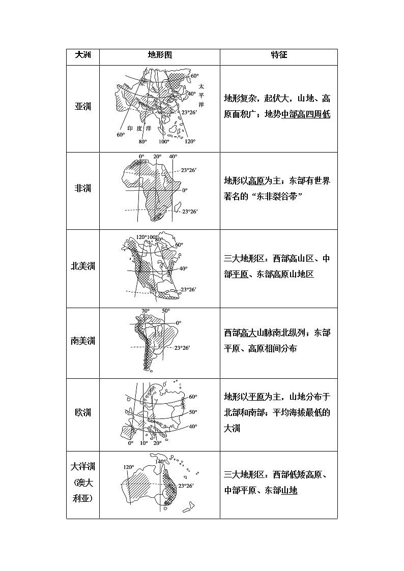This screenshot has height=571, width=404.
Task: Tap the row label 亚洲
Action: pos(82,107)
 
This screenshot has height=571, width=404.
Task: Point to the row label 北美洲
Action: pos(82,266)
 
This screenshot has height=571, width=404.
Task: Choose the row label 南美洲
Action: pos(82,341)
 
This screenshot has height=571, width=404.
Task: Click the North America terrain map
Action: pos(153,267)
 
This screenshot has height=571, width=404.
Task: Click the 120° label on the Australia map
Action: pos(128,467)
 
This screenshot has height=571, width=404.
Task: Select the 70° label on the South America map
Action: pos(145,311)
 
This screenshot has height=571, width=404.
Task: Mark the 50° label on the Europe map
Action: pos(192,412)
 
